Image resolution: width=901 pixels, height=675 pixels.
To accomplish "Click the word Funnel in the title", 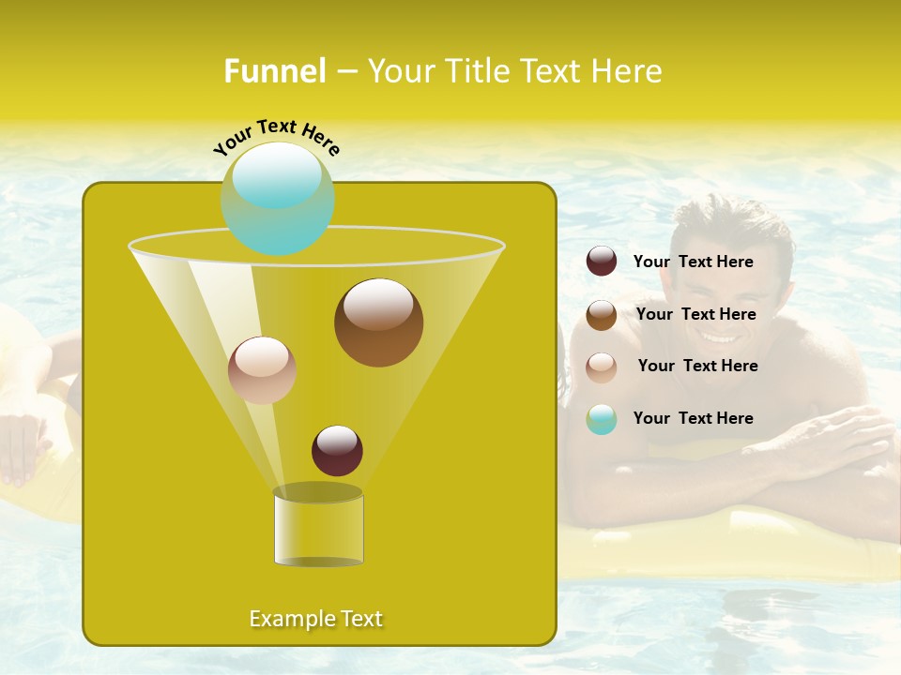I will (x=274, y=71).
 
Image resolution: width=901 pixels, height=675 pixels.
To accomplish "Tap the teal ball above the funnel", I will (x=277, y=198).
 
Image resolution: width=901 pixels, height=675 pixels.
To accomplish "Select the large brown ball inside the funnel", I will (x=378, y=322).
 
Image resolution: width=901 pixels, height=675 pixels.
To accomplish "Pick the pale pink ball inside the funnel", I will (x=262, y=370).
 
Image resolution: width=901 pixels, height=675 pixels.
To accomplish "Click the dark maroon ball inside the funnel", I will (x=337, y=450).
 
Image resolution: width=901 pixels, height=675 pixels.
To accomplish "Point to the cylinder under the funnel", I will (x=318, y=528).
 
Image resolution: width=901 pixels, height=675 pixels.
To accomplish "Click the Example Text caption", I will (x=316, y=619).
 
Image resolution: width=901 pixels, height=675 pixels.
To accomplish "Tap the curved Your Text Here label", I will (x=276, y=136).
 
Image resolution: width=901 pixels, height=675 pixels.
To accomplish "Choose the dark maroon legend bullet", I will (x=602, y=262).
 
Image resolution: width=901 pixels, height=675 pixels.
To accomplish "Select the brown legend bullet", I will (x=602, y=315).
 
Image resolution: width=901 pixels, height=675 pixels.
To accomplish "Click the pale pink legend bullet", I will (x=602, y=367).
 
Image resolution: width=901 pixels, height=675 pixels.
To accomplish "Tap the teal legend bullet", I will (x=602, y=419).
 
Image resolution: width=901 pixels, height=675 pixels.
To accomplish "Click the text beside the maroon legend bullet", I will (x=693, y=262).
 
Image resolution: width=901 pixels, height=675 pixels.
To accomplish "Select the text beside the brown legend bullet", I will (x=695, y=314).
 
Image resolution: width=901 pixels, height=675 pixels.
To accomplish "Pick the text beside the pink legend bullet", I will (x=697, y=366).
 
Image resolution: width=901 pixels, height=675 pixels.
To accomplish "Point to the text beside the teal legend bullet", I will (x=693, y=418).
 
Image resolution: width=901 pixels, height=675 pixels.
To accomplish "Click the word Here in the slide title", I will (x=627, y=71).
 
